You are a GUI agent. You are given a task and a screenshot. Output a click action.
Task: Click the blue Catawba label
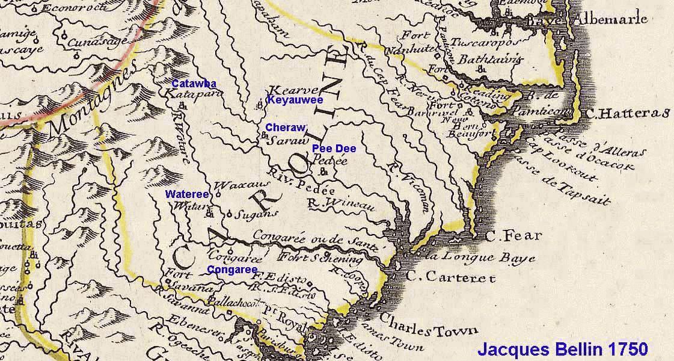click(x=194, y=84)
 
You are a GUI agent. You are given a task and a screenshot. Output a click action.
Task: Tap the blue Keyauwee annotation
click(x=295, y=100)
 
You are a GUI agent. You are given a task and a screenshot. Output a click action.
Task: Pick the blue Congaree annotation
click(x=232, y=270)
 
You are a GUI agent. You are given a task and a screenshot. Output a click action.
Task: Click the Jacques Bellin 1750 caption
click(x=562, y=349)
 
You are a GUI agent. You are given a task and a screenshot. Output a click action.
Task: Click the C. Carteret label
click(x=450, y=277)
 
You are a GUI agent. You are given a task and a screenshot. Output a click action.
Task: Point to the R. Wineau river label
click(x=340, y=205)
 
